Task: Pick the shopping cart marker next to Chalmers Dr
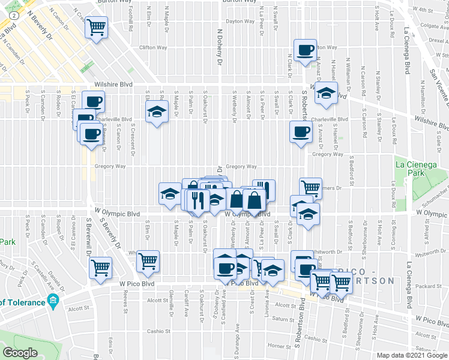(310, 188)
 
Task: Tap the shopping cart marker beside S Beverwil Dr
(100, 267)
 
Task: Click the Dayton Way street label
(240, 21)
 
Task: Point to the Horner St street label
(279, 346)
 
